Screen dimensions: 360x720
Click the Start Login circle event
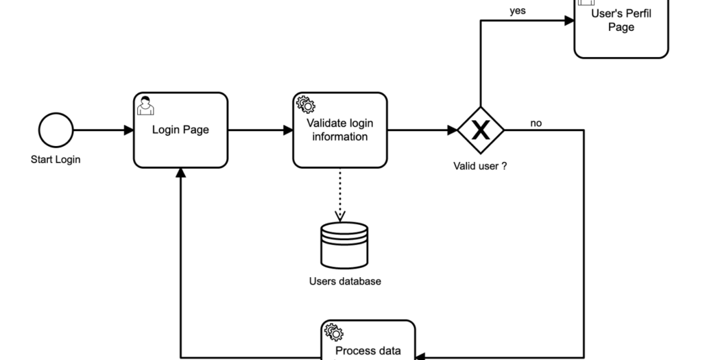pyautogui.click(x=56, y=130)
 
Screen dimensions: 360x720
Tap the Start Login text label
pyautogui.click(x=56, y=160)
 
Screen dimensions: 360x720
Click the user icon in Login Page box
pyautogui.click(x=144, y=106)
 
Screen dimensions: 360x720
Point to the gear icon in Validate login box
pyautogui.click(x=305, y=105)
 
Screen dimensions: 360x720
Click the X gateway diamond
pyautogui.click(x=481, y=130)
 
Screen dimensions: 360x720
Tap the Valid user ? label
pyautogui.click(x=480, y=165)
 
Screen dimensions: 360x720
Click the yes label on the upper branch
pyautogui.click(x=518, y=11)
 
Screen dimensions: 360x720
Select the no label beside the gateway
pyautogui.click(x=536, y=123)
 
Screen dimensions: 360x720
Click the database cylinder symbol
pyautogui.click(x=344, y=245)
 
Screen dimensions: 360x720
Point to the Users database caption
pyautogui.click(x=344, y=281)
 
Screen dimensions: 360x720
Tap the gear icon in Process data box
pyautogui.click(x=333, y=332)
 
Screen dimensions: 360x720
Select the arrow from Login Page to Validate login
pyautogui.click(x=260, y=130)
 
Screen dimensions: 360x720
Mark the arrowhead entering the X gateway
pyautogui.click(x=453, y=130)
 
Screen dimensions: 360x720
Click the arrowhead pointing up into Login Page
pyautogui.click(x=180, y=174)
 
